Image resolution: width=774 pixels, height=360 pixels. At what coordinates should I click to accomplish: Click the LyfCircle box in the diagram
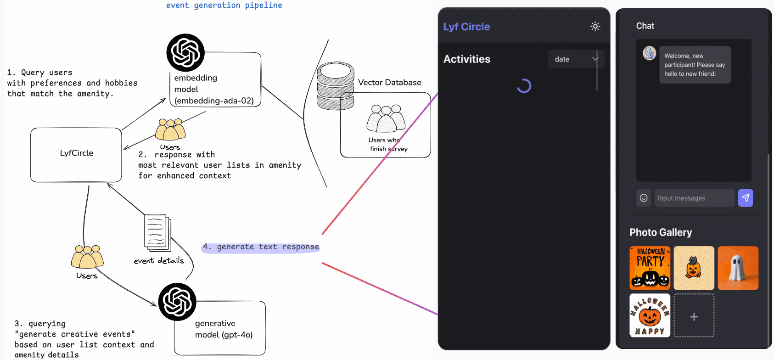pos(76,155)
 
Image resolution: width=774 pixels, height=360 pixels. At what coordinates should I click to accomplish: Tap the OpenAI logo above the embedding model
pos(185,52)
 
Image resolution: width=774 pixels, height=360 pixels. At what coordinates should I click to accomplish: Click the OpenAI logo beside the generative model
pos(177,302)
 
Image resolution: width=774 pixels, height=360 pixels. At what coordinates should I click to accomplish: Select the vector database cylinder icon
pos(336,86)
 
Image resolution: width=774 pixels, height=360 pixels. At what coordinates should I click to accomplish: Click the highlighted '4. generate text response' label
pos(261,247)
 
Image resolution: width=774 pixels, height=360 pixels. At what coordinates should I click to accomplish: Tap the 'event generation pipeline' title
pos(224,6)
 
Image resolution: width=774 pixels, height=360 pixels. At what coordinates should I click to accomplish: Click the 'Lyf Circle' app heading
pos(466,27)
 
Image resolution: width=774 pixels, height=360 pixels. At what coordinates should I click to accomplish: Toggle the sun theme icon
pos(595,26)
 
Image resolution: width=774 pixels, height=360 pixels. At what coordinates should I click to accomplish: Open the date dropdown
pos(576,59)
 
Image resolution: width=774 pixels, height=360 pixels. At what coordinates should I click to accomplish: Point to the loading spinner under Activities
pos(524,86)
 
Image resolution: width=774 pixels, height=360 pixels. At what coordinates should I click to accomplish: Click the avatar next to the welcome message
pos(649,53)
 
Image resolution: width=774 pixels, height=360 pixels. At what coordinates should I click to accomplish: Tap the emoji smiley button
pos(644,198)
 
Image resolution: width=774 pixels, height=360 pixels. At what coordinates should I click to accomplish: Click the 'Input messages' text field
pos(694,198)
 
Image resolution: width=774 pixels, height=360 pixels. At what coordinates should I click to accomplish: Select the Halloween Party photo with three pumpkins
pos(650,268)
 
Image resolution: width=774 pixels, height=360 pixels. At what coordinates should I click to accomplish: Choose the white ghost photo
pos(738,268)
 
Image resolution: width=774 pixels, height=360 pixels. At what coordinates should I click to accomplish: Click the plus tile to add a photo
pos(694,316)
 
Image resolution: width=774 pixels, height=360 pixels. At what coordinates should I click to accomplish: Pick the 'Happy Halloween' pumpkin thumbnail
pos(650,316)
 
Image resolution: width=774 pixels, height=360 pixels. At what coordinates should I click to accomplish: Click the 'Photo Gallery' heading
pos(661,232)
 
